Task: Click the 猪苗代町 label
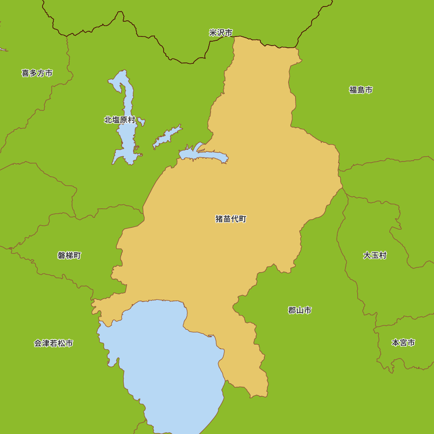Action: click(x=230, y=219)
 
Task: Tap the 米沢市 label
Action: click(x=220, y=33)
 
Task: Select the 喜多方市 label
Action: click(x=37, y=73)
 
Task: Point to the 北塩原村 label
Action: click(x=119, y=120)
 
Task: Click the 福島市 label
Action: click(x=361, y=90)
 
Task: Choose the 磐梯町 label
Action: click(x=69, y=255)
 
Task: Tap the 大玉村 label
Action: click(x=375, y=255)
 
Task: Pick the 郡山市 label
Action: click(x=299, y=310)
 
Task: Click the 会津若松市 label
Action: click(x=53, y=343)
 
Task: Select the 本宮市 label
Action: click(x=403, y=343)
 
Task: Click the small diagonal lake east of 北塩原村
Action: click(x=167, y=137)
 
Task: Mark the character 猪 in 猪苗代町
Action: click(x=219, y=219)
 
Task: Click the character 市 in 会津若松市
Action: click(x=69, y=343)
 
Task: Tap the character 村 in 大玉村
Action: click(x=382, y=255)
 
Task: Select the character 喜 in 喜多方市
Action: click(x=25, y=73)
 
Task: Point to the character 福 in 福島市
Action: click(x=353, y=90)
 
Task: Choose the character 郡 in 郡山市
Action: click(x=292, y=310)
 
